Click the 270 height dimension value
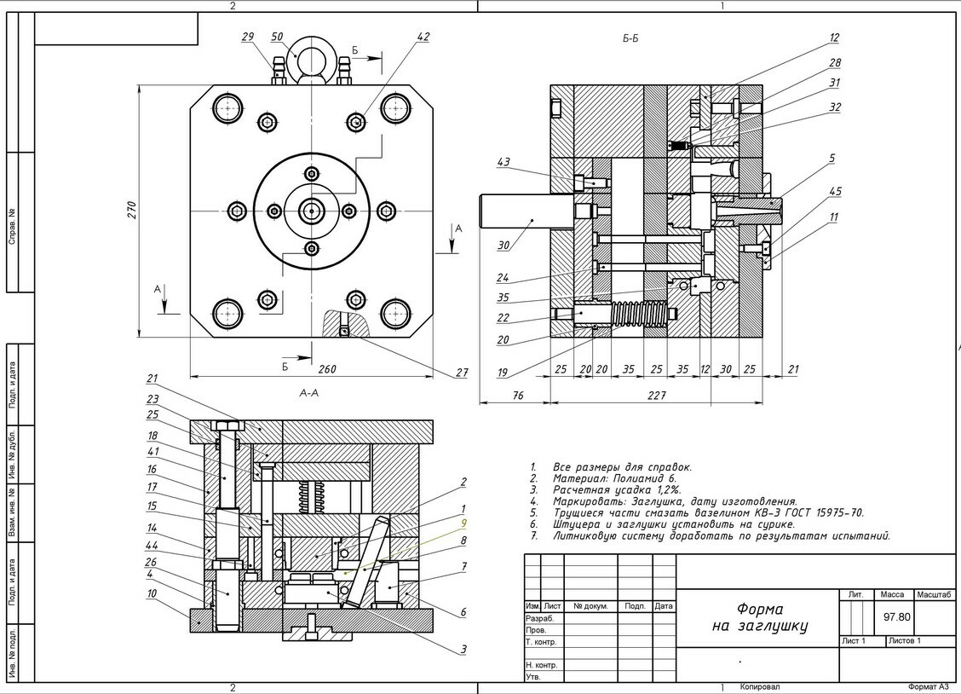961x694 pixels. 132,211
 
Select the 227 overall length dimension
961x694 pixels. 656,395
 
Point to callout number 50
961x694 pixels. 277,38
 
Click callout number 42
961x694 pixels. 423,37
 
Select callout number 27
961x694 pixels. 462,373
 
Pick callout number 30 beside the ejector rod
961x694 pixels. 504,246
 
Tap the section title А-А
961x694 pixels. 309,393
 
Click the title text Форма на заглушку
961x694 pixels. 759,618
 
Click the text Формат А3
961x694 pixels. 928,686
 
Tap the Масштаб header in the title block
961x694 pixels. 934,594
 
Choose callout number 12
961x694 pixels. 834,38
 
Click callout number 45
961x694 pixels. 836,191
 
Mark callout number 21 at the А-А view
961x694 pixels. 152,379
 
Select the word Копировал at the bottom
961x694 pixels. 759,686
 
